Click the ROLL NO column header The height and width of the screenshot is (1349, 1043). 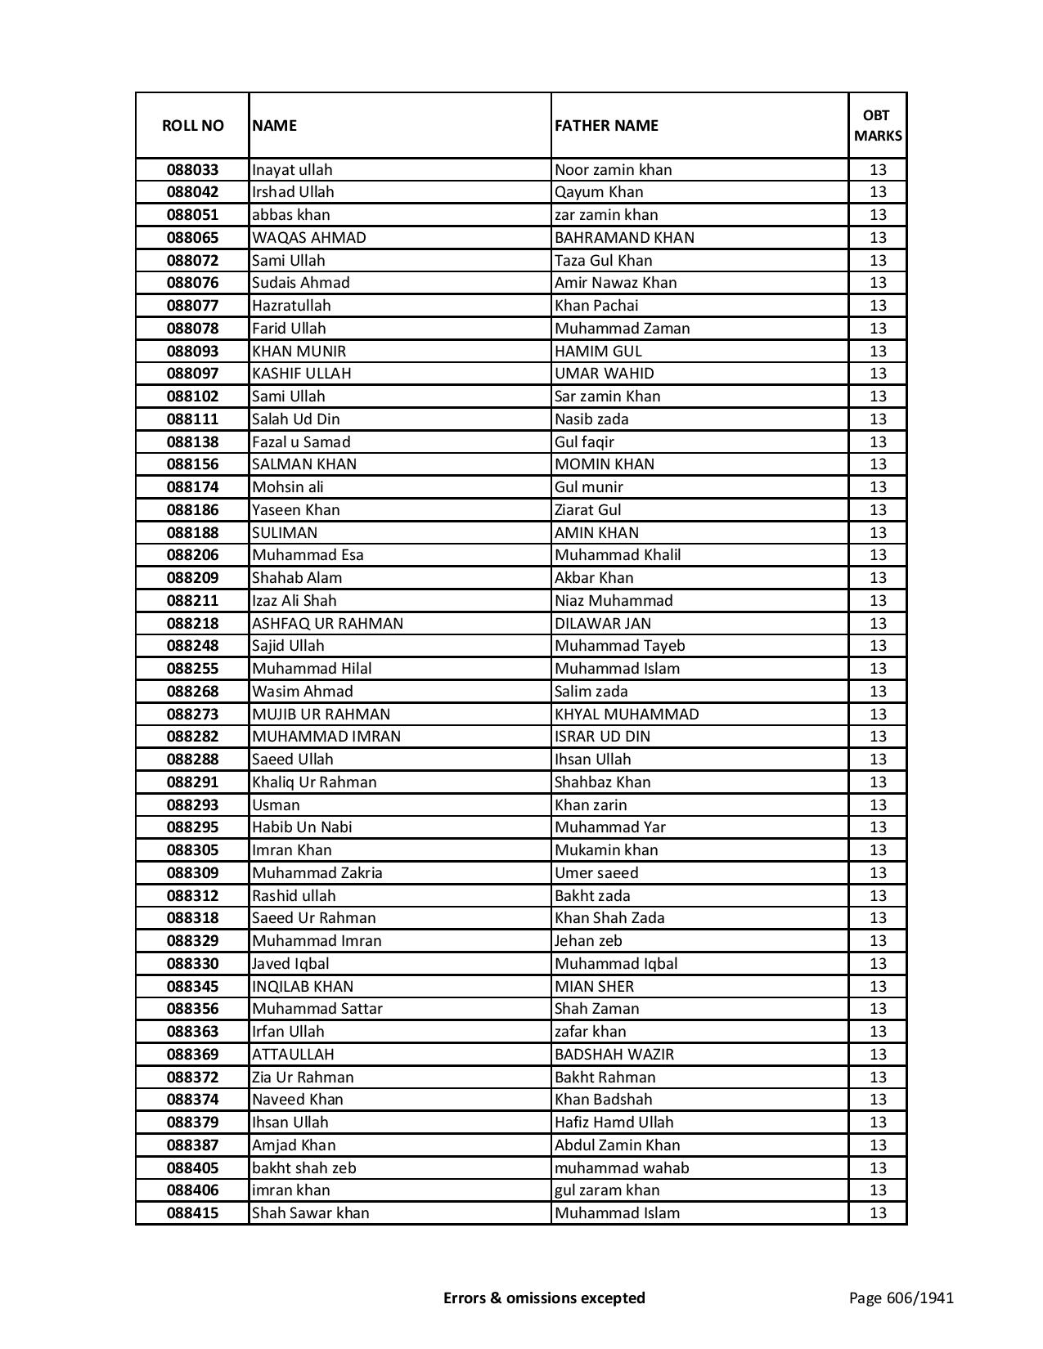[x=192, y=126]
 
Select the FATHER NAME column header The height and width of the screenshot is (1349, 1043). [x=606, y=126]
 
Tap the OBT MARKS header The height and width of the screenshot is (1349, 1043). [x=878, y=126]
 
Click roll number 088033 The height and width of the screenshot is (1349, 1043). [x=192, y=170]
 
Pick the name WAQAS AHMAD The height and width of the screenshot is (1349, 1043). [x=309, y=238]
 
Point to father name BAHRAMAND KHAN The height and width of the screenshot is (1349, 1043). [x=624, y=238]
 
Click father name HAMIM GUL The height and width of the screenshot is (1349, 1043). [x=598, y=352]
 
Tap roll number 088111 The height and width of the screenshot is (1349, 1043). [x=192, y=419]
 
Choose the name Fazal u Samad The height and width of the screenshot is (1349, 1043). [x=301, y=442]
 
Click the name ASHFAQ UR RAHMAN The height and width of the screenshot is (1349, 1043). [x=327, y=624]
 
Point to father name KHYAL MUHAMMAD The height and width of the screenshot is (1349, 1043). [x=627, y=715]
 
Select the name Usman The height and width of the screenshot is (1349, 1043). [x=276, y=805]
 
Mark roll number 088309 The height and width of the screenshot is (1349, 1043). [x=192, y=873]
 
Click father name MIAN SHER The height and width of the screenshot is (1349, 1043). [x=594, y=987]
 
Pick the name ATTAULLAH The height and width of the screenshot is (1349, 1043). [x=293, y=1055]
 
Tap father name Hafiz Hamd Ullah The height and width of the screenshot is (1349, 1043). [x=614, y=1123]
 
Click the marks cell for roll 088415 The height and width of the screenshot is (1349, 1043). [x=878, y=1213]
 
